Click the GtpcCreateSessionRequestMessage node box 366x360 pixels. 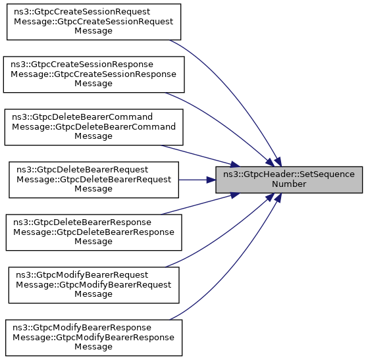[94, 22]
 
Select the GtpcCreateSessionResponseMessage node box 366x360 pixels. [94, 74]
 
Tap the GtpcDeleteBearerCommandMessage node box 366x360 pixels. [94, 127]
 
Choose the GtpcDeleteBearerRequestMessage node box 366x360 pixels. [94, 180]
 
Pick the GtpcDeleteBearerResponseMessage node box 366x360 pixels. [94, 232]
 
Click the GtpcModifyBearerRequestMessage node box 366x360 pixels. [94, 285]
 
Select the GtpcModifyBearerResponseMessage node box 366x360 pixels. [94, 338]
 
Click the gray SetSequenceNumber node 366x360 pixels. [289, 180]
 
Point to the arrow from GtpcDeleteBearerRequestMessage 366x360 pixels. [197, 180]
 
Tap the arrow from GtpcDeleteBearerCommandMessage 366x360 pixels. [200, 156]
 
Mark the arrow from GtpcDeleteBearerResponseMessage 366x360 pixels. [200, 204]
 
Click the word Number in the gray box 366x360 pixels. [289, 184]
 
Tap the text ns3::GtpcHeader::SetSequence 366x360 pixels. [289, 174]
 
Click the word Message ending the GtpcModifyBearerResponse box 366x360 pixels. [93, 347]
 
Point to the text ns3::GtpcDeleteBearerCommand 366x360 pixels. [82, 117]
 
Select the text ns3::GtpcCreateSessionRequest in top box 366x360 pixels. [82, 12]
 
